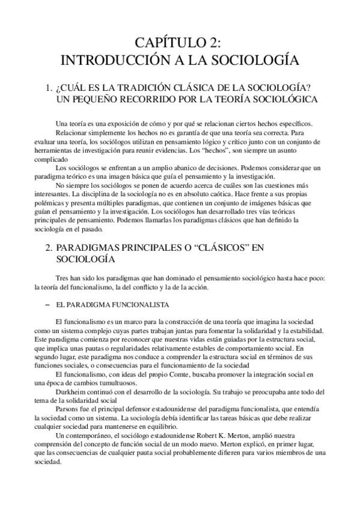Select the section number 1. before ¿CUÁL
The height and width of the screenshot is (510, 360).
49,88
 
